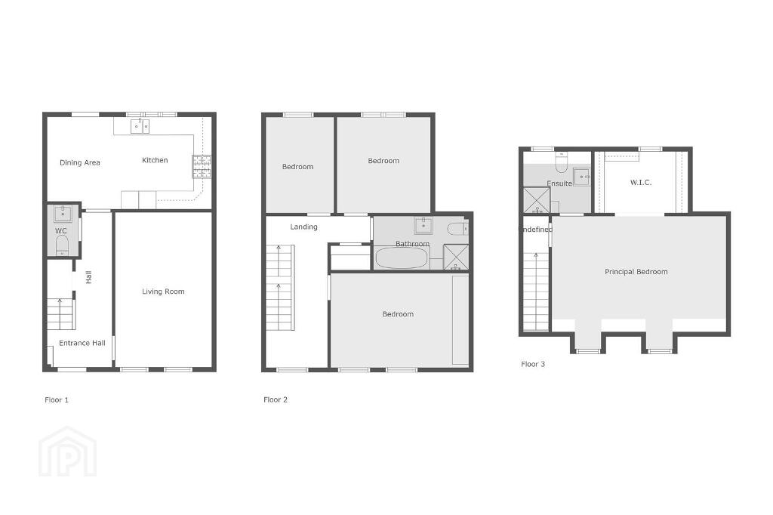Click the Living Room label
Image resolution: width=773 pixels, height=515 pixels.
pyautogui.click(x=163, y=291)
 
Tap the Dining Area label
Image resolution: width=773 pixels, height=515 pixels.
pyautogui.click(x=80, y=162)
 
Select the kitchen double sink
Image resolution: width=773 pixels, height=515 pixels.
pyautogui.click(x=140, y=126)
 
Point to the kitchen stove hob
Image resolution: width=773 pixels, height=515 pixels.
pyautogui.click(x=202, y=166)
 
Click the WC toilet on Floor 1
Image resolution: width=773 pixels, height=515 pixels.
pyautogui.click(x=62, y=245)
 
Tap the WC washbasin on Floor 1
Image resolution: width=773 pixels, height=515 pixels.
pyautogui.click(x=63, y=214)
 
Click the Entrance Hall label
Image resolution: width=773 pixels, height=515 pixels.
pyautogui.click(x=82, y=344)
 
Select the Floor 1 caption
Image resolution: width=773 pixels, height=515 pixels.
pyautogui.click(x=57, y=400)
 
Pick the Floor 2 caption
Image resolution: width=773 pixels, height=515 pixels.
pyautogui.click(x=276, y=399)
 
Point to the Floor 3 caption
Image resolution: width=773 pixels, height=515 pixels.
pyautogui.click(x=533, y=364)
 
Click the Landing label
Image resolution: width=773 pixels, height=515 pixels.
pyautogui.click(x=303, y=227)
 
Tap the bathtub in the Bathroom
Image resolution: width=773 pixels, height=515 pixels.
pyautogui.click(x=402, y=258)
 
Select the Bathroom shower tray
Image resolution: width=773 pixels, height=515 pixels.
pyautogui.click(x=456, y=257)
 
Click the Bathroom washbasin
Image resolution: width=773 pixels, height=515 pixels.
pyautogui.click(x=423, y=226)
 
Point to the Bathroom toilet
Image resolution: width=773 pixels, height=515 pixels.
pyautogui.click(x=457, y=228)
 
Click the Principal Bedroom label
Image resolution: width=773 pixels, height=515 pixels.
pyautogui.click(x=636, y=272)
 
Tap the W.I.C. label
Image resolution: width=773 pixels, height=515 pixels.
pyautogui.click(x=641, y=183)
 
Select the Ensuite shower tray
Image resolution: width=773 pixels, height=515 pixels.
pyautogui.click(x=537, y=200)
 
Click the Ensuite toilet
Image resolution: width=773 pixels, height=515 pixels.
pyautogui.click(x=562, y=162)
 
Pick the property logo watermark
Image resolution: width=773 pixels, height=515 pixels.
pyautogui.click(x=67, y=452)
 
